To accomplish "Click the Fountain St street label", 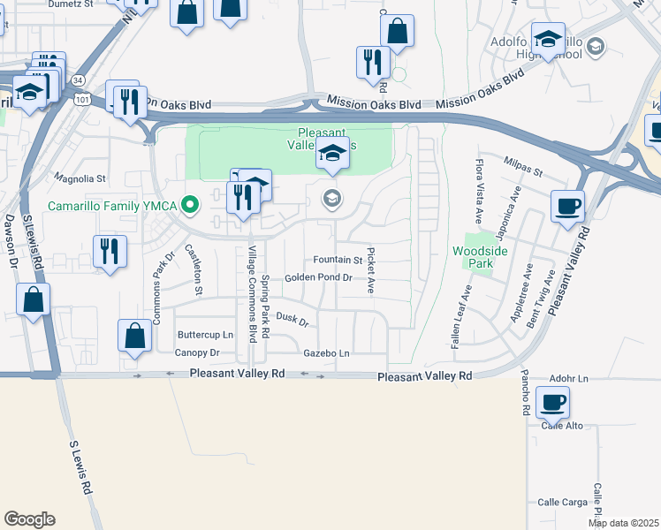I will click(338, 261).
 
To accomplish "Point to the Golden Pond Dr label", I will click(318, 277).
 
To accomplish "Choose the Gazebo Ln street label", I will click(326, 353).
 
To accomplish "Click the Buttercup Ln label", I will click(205, 335).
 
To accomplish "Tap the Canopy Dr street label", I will click(196, 352).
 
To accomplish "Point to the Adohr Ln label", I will click(568, 378).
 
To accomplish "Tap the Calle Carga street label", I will click(563, 502).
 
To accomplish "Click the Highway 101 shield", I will click(81, 100).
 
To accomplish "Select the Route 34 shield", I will click(80, 80).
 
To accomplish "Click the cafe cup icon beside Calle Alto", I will click(553, 403).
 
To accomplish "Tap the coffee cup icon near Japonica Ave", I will click(567, 207).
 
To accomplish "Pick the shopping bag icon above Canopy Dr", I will click(134, 336).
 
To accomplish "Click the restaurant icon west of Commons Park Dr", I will click(110, 251).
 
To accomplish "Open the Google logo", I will click(29, 519).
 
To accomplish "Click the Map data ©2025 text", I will click(624, 523).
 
